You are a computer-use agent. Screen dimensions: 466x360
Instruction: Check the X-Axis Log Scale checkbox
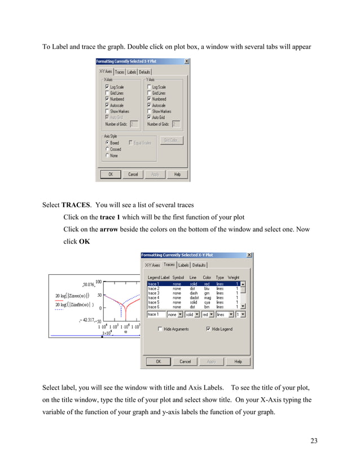[107, 87]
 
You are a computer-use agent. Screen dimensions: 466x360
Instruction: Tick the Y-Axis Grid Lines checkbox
[149, 93]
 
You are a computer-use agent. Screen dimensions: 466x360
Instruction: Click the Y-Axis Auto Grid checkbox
[149, 117]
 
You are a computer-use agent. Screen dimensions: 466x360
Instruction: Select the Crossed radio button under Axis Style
[107, 150]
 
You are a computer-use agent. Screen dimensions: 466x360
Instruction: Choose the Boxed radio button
[107, 143]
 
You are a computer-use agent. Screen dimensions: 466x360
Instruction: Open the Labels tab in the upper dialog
[131, 72]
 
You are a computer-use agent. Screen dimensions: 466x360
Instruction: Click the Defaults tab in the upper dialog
[144, 72]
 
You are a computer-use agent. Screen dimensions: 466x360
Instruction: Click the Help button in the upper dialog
[177, 174]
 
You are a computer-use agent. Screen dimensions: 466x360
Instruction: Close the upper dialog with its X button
[187, 61]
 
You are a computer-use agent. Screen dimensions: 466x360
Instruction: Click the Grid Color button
[172, 140]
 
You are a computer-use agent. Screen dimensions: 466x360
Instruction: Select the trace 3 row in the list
[153, 293]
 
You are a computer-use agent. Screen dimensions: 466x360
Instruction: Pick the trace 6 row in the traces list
[153, 307]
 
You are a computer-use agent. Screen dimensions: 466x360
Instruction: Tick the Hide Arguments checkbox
[161, 329]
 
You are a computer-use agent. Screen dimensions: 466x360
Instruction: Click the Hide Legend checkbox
[208, 329]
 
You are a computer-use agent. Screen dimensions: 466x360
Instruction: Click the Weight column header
[234, 278]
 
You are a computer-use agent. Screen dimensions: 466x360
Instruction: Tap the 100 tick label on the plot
[98, 282]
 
